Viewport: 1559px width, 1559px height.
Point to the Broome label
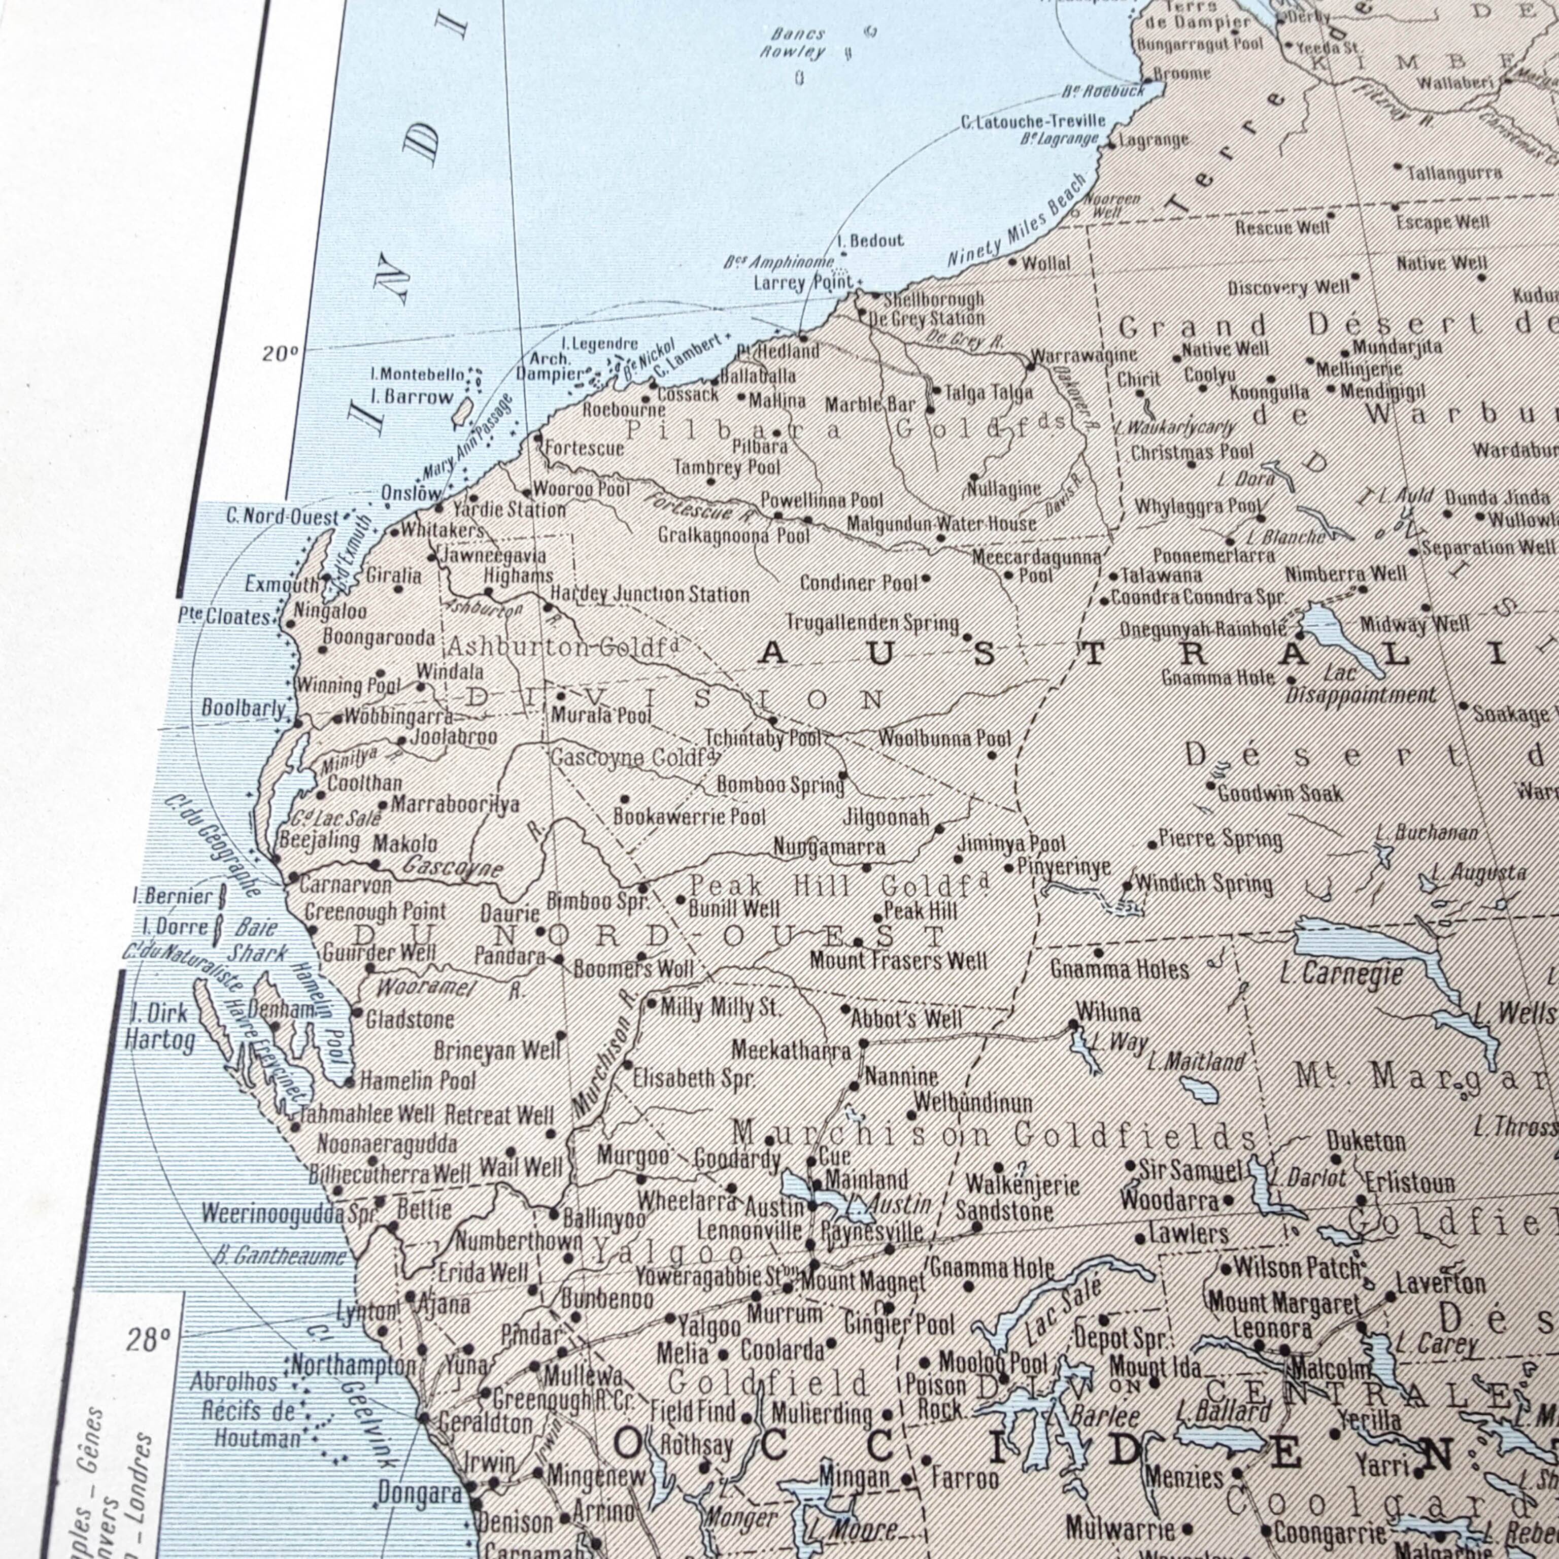pyautogui.click(x=1182, y=74)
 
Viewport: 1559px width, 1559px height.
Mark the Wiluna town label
pyautogui.click(x=1108, y=1012)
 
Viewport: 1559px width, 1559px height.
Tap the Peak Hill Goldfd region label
pyautogui.click(x=839, y=886)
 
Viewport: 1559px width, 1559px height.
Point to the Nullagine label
pyautogui.click(x=1004, y=489)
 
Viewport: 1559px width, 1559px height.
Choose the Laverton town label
pyautogui.click(x=1440, y=1283)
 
